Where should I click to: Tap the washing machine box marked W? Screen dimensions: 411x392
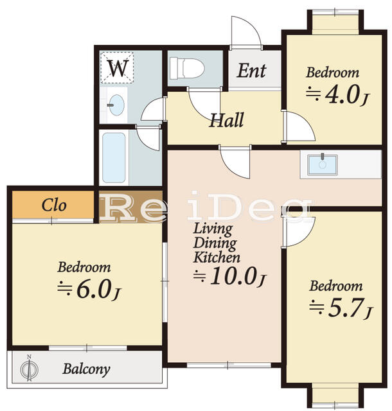point(117,68)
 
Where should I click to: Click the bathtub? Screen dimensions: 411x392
point(114,157)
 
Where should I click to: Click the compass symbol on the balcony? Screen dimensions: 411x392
point(28,369)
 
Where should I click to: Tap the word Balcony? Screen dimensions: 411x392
point(86,369)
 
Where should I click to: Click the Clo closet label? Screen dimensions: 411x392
point(55,205)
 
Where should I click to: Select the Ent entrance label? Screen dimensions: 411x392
point(251,70)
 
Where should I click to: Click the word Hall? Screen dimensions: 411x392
point(226,120)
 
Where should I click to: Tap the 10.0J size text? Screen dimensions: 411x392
point(230,277)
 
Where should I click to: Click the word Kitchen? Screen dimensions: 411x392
point(217,258)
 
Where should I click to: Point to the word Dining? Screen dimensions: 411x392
point(215,243)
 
